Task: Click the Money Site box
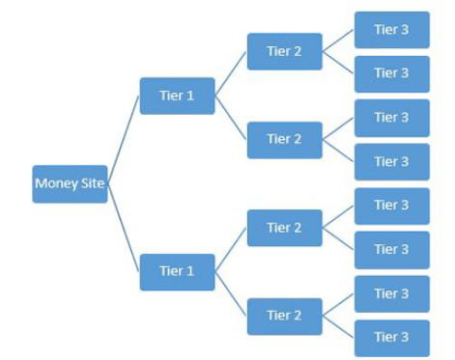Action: pos(70,183)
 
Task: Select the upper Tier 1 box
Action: pos(177,96)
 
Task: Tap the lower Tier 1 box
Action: pos(177,271)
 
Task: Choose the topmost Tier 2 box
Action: pos(284,51)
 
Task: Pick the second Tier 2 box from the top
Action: pos(284,139)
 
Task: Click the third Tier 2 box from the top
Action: pos(284,228)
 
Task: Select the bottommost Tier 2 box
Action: pos(284,316)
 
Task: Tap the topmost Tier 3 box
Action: pos(391,30)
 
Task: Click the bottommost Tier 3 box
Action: pos(391,337)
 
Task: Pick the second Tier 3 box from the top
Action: pos(391,73)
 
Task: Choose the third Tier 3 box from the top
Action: pos(391,118)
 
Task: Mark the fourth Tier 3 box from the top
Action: pos(391,161)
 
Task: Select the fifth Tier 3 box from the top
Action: pos(391,206)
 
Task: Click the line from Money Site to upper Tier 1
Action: pos(124,138)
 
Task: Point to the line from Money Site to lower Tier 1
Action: pos(124,229)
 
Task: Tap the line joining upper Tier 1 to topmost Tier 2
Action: pos(231,73)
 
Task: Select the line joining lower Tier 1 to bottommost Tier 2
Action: pos(231,293)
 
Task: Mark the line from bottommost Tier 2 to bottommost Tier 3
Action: pos(338,326)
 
